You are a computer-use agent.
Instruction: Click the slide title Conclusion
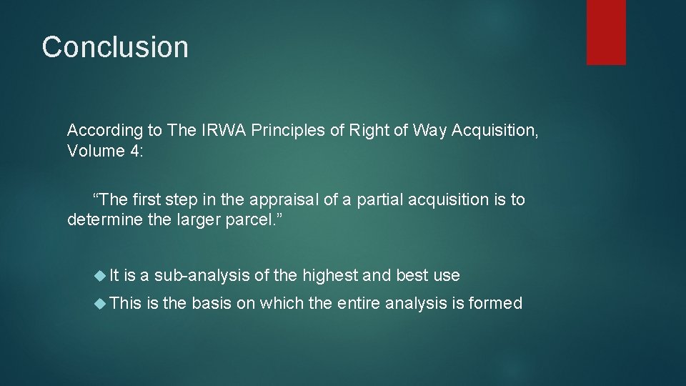click(x=115, y=47)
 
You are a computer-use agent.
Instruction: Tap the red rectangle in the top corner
click(x=606, y=32)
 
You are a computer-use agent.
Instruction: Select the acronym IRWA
click(x=215, y=130)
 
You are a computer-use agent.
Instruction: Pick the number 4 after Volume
click(x=135, y=152)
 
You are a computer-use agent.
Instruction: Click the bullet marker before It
click(x=100, y=275)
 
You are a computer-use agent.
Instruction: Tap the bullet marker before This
click(x=100, y=303)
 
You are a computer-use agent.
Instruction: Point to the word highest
click(x=330, y=275)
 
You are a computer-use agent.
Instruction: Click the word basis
click(x=212, y=303)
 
